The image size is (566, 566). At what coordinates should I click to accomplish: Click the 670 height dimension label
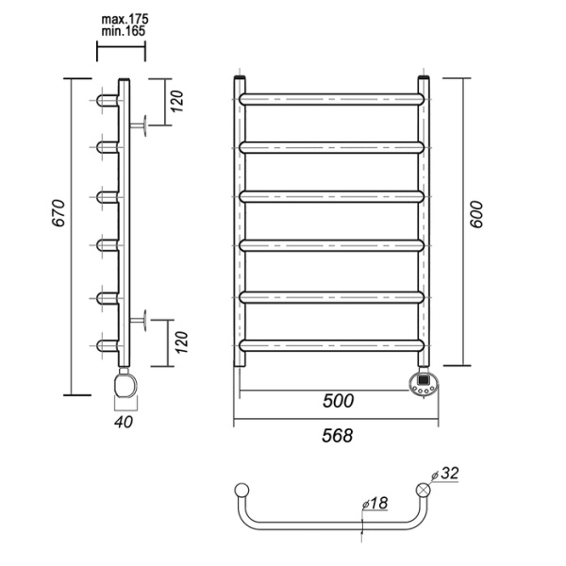[58, 219]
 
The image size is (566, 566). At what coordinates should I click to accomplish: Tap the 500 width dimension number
[336, 401]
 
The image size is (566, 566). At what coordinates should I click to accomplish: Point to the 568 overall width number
[336, 436]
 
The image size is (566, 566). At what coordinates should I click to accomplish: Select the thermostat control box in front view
[423, 384]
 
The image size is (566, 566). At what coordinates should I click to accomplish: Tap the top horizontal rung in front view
[331, 97]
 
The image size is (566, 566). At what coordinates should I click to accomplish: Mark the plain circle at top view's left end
[241, 490]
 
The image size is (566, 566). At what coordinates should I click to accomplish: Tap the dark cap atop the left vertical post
[241, 78]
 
